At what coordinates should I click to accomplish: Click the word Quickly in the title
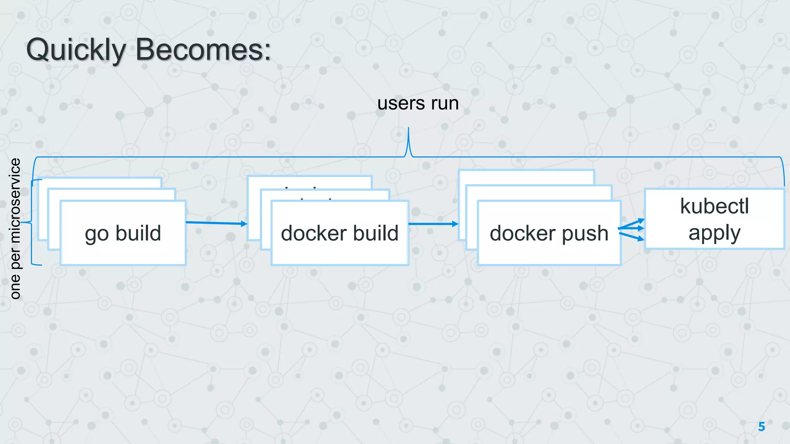pyautogui.click(x=76, y=50)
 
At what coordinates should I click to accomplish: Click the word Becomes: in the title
pyautogui.click(x=203, y=50)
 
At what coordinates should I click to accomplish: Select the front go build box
pyautogui.click(x=123, y=247)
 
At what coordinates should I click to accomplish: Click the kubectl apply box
pyautogui.click(x=714, y=219)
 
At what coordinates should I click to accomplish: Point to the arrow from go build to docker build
pyautogui.click(x=216, y=223)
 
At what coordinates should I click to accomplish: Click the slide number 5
pyautogui.click(x=761, y=427)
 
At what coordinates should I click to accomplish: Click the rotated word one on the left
pyautogui.click(x=15, y=287)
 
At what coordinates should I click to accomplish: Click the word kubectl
pyautogui.click(x=714, y=206)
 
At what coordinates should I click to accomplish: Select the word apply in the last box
pyautogui.click(x=714, y=233)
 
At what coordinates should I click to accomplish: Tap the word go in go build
pyautogui.click(x=96, y=234)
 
